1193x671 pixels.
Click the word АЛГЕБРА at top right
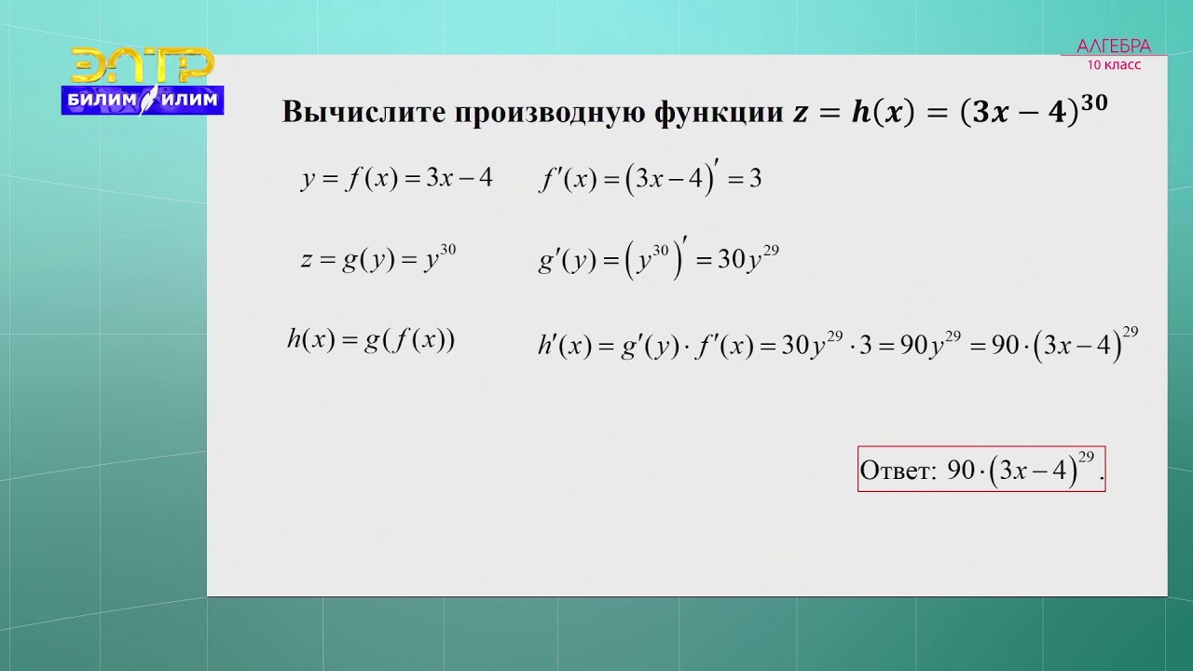tap(1114, 47)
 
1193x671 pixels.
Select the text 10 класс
tap(1114, 65)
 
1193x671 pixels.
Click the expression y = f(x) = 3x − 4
tap(396, 178)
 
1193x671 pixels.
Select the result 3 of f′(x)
tap(755, 179)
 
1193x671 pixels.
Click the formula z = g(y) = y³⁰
tap(377, 259)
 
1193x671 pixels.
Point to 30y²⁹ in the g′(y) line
tap(747, 259)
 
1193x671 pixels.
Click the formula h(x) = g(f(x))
tap(371, 340)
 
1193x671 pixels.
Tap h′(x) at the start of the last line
tap(564, 346)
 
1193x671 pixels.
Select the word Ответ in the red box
tap(897, 471)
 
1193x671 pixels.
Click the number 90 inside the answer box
tap(960, 471)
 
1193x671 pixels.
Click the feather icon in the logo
tap(147, 100)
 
